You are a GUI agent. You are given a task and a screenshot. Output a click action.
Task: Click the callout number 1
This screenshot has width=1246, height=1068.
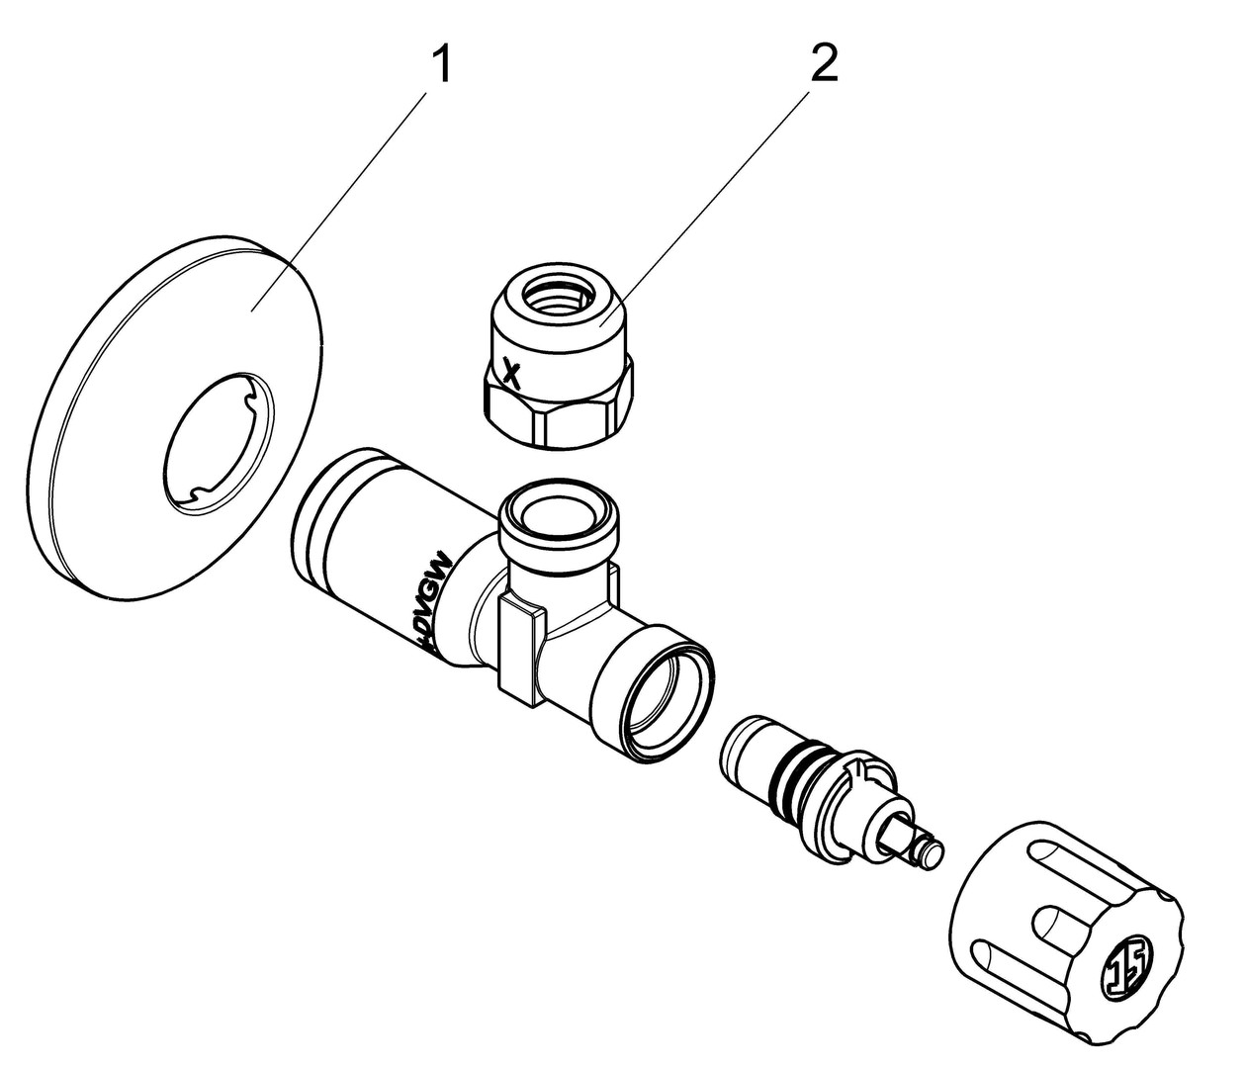coord(442,65)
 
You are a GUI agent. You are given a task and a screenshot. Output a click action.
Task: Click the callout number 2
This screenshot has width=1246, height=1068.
coord(823,65)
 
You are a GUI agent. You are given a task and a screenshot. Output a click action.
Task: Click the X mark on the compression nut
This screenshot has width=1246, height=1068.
coord(510,373)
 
